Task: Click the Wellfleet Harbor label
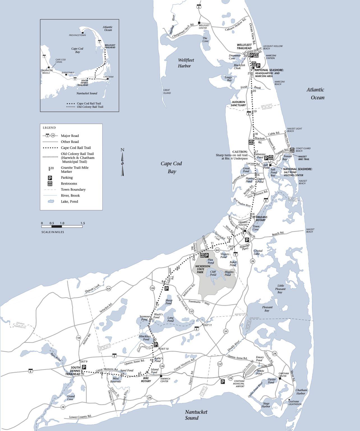coord(186,63)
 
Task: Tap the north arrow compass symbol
coord(122,162)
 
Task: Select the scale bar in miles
coord(62,226)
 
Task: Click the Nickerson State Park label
coord(202,269)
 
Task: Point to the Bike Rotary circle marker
coord(147,372)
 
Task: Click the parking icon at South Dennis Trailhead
coord(84,367)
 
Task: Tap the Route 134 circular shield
coord(79,338)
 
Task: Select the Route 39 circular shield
coord(225,331)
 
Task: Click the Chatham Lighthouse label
coord(295,403)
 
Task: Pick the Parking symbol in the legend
coord(50,178)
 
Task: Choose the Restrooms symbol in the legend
coord(50,184)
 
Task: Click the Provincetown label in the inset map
coord(77,35)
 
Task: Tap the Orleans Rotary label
coord(261,219)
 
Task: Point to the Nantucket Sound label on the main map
coord(196,415)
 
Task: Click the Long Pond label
coord(170,319)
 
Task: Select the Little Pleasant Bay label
coord(280,289)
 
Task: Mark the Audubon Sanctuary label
coord(238,104)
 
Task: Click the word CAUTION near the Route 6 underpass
coord(240,152)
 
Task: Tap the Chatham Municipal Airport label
coord(239,384)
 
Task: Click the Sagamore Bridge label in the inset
coord(46,72)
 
